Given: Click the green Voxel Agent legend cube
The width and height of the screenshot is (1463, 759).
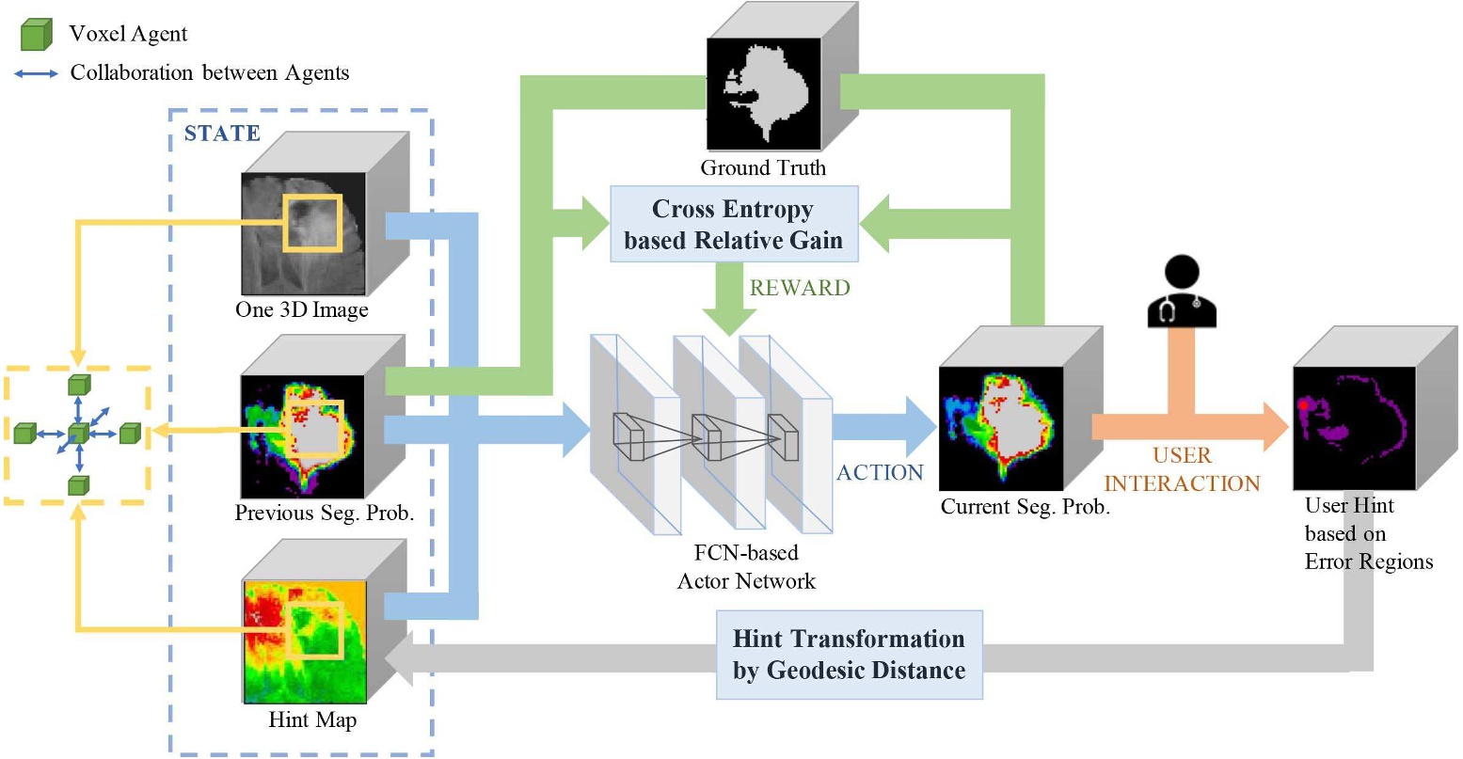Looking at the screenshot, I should (x=36, y=35).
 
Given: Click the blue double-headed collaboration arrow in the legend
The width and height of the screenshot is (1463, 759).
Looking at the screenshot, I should (x=37, y=73).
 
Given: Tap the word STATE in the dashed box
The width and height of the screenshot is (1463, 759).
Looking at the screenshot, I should (x=222, y=134).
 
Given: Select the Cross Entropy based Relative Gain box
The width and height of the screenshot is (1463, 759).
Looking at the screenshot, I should (x=734, y=224).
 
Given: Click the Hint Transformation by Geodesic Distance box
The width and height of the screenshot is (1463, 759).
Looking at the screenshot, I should (x=849, y=655).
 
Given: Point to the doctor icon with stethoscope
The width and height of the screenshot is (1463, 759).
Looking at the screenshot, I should (x=1181, y=293).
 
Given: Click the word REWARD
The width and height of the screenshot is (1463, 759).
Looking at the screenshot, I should (x=800, y=288).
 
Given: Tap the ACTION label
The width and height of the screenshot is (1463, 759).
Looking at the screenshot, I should (x=880, y=472).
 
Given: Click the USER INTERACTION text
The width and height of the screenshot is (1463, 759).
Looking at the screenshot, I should (x=1182, y=469).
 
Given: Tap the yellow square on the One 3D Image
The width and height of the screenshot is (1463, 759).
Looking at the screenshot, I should (x=311, y=223).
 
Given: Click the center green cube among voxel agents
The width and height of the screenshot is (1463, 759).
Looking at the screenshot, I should (x=79, y=434).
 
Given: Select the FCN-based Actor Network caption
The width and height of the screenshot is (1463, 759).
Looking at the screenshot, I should (x=746, y=567).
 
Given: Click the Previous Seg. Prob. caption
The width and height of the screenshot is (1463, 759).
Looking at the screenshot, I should (x=324, y=514).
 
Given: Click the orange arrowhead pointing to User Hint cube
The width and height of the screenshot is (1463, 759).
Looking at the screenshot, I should (x=1274, y=426).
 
